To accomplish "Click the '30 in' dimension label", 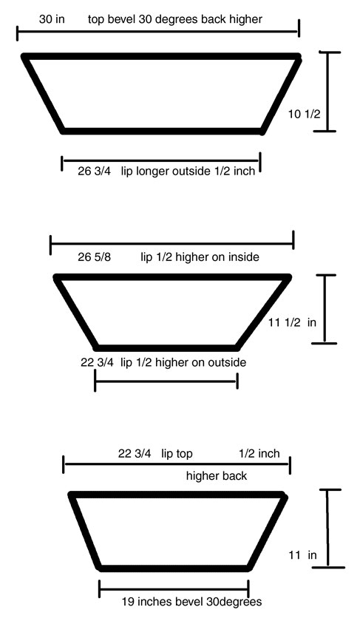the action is click(52, 18).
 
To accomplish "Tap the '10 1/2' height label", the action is click(304, 114).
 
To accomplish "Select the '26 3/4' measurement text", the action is click(95, 172).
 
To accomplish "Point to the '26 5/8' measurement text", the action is click(95, 257).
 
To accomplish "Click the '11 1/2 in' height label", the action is click(292, 322).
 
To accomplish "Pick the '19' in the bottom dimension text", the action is click(128, 602).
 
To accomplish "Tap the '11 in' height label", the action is click(302, 555).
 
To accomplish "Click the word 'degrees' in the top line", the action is click(177, 19).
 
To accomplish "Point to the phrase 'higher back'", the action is click(217, 475).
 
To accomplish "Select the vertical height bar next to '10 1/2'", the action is click(327, 92).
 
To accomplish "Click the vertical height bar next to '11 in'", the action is click(328, 529).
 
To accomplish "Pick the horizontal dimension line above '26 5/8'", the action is click(172, 242).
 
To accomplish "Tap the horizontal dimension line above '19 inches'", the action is click(174, 588).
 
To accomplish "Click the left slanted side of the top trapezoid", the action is click(44, 94).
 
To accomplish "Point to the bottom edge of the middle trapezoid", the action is click(167, 348).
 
